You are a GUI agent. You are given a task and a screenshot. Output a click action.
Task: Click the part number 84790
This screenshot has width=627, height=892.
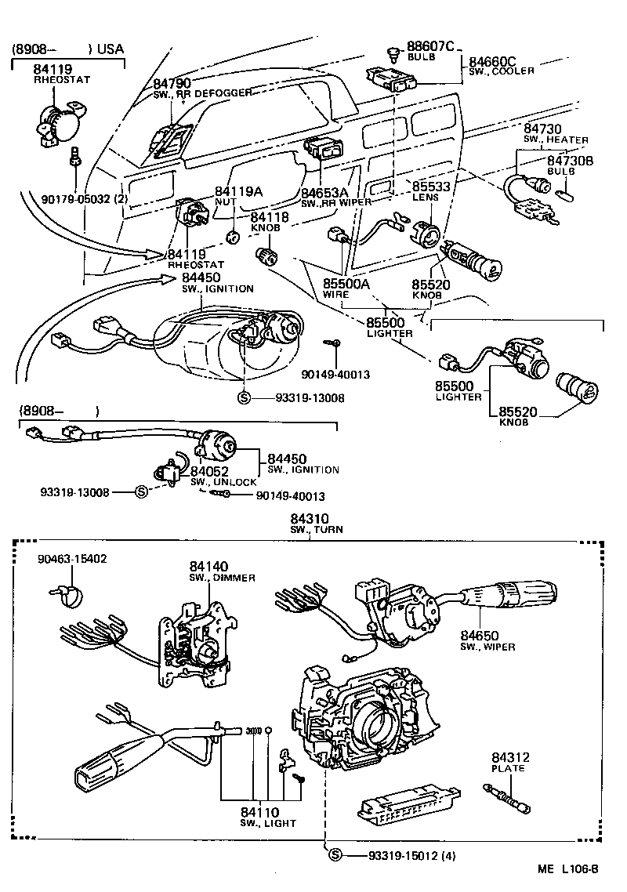click(172, 83)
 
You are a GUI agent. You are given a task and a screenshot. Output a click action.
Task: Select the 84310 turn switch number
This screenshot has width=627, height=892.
click(312, 518)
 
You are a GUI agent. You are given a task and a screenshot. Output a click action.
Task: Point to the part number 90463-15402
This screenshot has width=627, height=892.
click(73, 559)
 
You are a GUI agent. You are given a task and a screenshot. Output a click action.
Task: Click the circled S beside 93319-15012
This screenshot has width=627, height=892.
click(335, 855)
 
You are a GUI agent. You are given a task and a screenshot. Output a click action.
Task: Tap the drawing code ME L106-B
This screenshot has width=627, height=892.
click(568, 868)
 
